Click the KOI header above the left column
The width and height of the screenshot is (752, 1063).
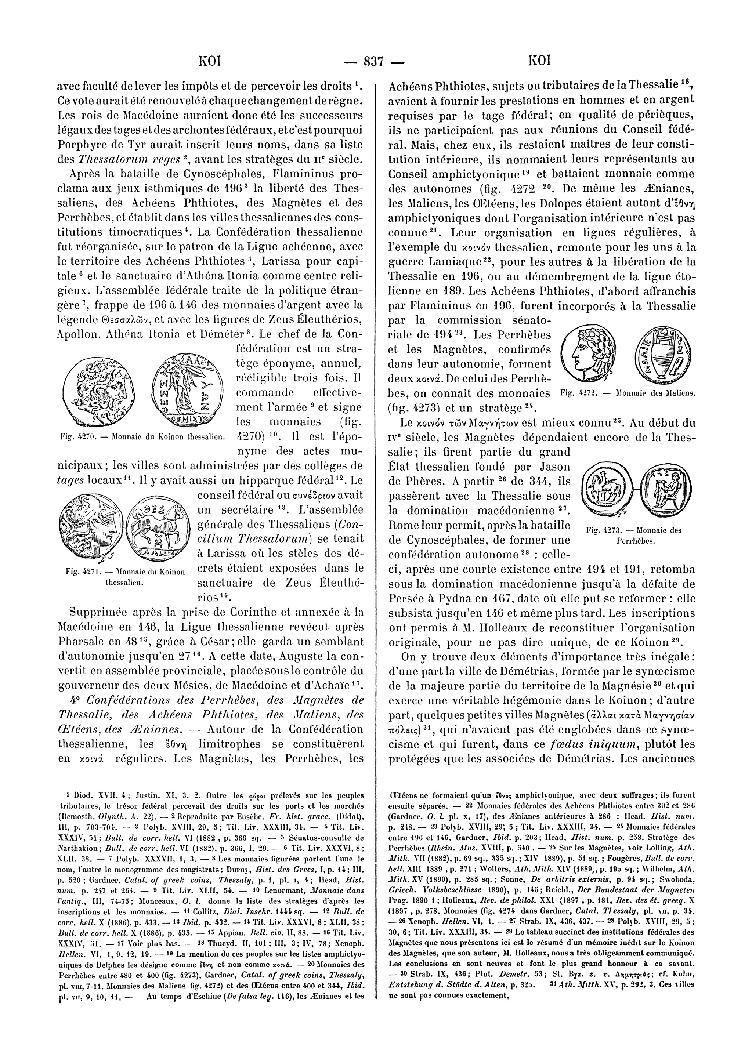[x=209, y=61]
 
